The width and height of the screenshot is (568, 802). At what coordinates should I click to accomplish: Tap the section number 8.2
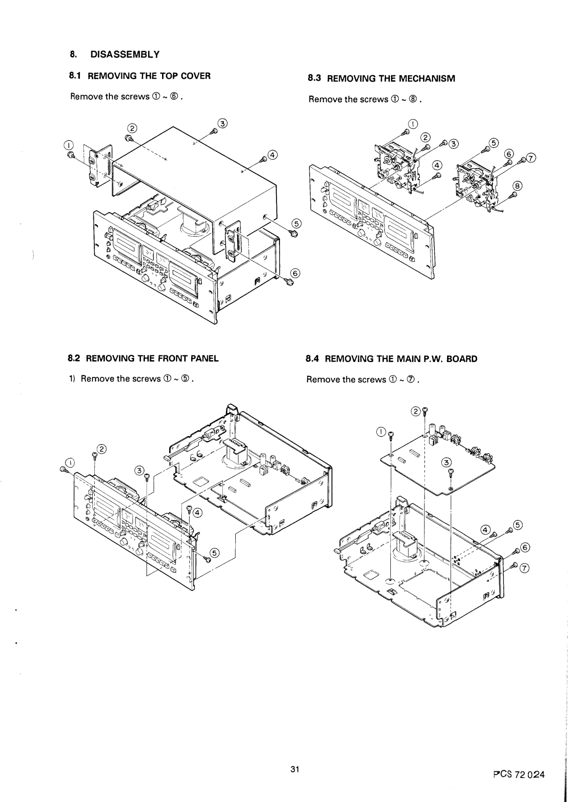pos(74,358)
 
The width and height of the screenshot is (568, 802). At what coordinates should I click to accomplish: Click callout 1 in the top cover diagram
pos(68,145)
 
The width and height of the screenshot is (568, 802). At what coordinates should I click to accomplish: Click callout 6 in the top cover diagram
pos(295,273)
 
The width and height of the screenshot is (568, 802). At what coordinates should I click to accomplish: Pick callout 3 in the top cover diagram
pos(222,123)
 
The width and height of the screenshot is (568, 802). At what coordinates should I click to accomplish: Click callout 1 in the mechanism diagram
pos(412,124)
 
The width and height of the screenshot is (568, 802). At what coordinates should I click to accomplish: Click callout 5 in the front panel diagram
pos(214,553)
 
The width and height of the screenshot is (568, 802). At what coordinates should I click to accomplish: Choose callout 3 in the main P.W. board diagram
pos(447,462)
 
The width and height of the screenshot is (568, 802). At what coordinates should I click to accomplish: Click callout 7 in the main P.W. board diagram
pos(525,568)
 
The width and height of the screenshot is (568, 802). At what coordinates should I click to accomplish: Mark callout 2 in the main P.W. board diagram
pos(415,412)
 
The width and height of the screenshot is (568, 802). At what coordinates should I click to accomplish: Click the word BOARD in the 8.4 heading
pos(463,359)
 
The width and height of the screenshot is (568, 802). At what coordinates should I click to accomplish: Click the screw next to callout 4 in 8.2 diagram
pos(189,510)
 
